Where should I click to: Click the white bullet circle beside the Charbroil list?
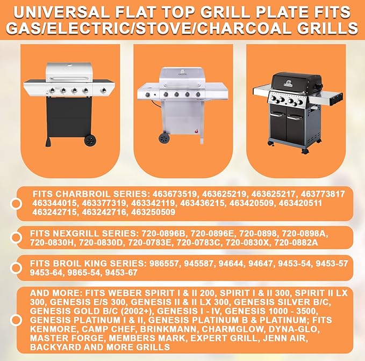pos(17,203)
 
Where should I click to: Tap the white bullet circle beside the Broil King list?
pos(17,268)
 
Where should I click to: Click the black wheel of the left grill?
pos(90,141)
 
